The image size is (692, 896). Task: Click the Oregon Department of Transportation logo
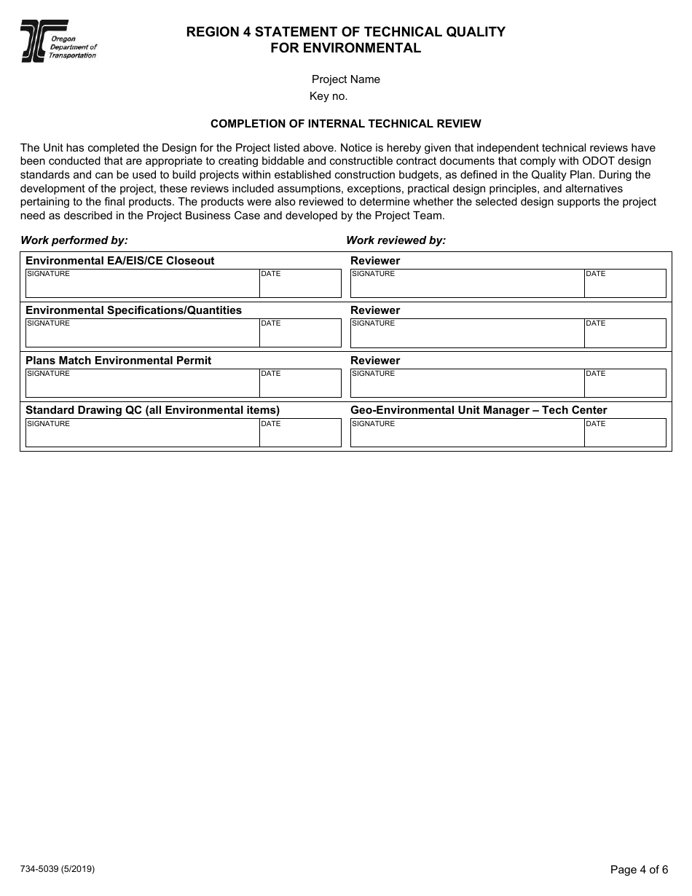[58, 42]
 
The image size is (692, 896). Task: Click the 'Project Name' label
[345, 79]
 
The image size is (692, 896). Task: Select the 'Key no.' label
[329, 96]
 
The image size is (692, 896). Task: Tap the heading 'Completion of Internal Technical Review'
[345, 124]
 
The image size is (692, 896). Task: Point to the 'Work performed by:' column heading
[74, 240]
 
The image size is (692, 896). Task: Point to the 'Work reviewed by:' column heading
[396, 240]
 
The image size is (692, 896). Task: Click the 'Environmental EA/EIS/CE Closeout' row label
[120, 261]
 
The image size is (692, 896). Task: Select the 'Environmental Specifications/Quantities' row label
[133, 310]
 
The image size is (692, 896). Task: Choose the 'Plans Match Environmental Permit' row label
[119, 361]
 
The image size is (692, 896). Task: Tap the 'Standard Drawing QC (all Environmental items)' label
[152, 410]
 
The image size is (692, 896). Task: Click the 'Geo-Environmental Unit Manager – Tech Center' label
[479, 410]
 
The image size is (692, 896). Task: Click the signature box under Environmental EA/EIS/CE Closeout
[143, 285]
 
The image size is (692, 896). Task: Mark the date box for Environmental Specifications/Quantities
[300, 334]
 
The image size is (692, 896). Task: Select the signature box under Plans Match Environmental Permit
[143, 385]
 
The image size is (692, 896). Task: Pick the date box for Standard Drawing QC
[300, 434]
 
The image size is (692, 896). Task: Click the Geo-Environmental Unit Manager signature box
[467, 434]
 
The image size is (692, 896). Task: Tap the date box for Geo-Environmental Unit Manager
[625, 434]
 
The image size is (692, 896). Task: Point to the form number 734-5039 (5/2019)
[58, 869]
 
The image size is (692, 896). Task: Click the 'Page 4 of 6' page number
[639, 870]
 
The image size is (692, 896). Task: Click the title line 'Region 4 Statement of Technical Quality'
[345, 32]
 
